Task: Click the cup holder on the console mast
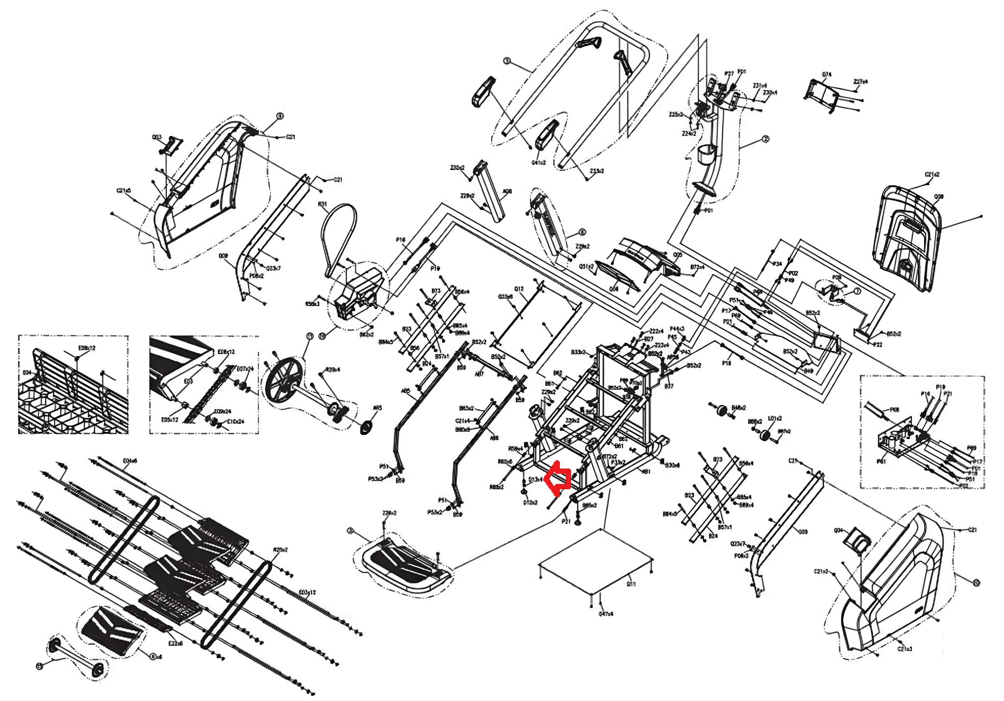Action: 705,155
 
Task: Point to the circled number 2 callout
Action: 766,139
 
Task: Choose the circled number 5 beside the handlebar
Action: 507,61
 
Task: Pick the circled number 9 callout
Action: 280,116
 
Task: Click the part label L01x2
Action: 775,419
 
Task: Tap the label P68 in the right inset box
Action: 894,410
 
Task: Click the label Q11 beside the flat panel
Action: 631,584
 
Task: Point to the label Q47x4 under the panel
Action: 606,614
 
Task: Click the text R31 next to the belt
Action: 322,204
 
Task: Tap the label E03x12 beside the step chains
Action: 307,593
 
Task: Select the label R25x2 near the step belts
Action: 280,550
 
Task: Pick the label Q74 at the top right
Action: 827,75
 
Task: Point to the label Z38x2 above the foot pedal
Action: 389,513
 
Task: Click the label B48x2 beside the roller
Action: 739,408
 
